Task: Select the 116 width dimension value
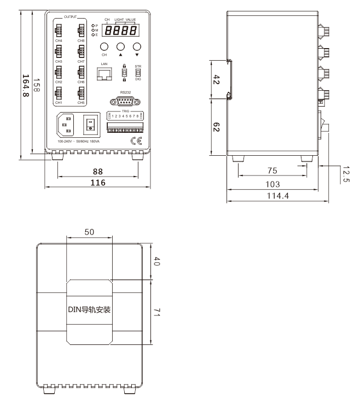pos(97,183)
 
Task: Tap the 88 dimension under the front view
pos(97,171)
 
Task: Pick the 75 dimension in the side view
pos(272,171)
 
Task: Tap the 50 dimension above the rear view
pos(89,232)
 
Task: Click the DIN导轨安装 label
pos(89,310)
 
